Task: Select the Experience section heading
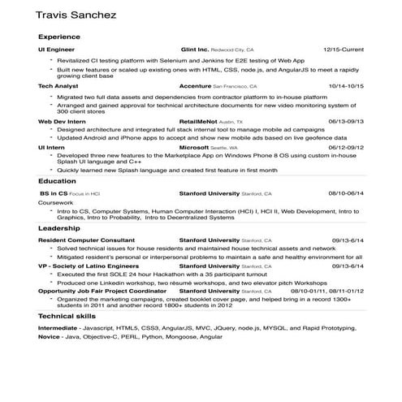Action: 59,37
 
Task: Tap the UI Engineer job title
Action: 56,50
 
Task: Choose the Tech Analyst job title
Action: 58,85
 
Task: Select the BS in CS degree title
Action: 54,194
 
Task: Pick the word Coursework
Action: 54,202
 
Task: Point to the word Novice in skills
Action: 49,335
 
